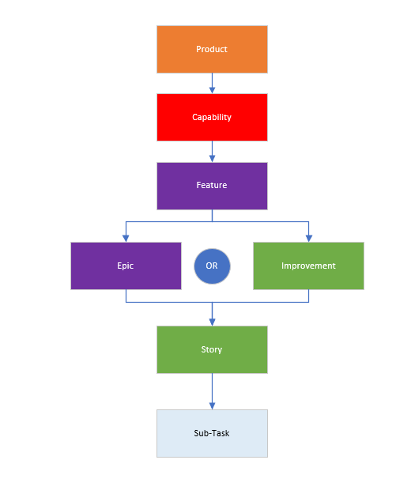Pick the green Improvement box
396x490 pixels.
pyautogui.click(x=308, y=276)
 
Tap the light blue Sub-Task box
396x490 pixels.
pyautogui.click(x=212, y=443)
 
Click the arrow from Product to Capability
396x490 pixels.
pyautogui.click(x=212, y=83)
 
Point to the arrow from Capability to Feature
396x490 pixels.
pyautogui.click(x=212, y=151)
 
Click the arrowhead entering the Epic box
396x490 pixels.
pyautogui.click(x=126, y=238)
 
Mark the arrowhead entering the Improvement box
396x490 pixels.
pyautogui.click(x=308, y=238)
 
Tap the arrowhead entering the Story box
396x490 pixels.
pyautogui.click(x=212, y=322)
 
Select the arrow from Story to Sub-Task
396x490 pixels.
pyautogui.click(x=212, y=391)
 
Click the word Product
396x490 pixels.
pyautogui.click(x=212, y=49)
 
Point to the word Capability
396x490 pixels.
pyautogui.click(x=212, y=117)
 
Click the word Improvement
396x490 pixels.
pyautogui.click(x=308, y=266)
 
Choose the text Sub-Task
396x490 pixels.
pyautogui.click(x=212, y=433)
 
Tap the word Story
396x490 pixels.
pyautogui.click(x=212, y=349)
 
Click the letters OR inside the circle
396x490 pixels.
pyautogui.click(x=212, y=266)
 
